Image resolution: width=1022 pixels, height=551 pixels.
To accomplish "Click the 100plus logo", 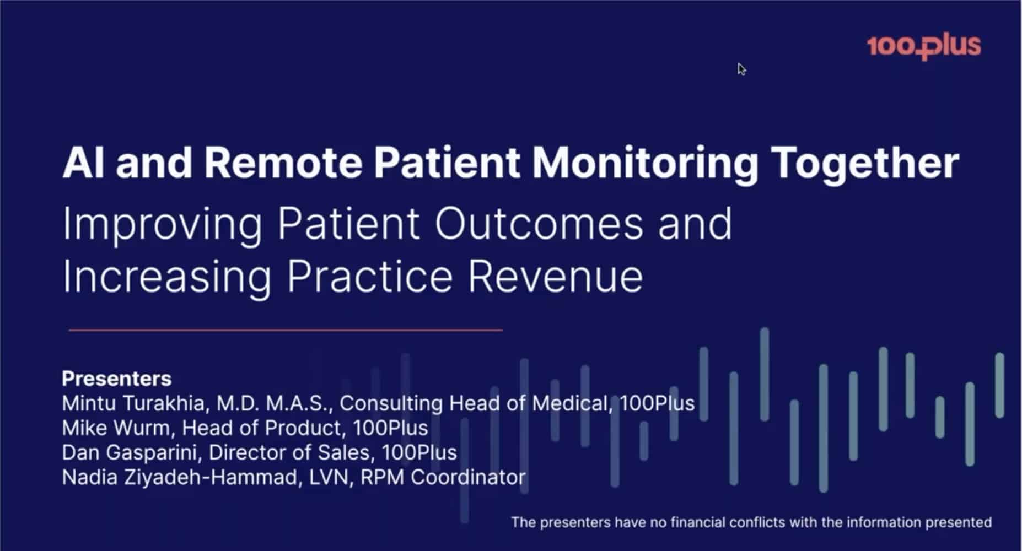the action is (x=924, y=46).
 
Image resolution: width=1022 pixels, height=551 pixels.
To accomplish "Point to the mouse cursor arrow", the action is (x=742, y=69).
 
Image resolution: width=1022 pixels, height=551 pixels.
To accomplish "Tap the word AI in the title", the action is (x=83, y=163).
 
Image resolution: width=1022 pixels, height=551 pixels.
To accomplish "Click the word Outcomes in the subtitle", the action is (x=539, y=224).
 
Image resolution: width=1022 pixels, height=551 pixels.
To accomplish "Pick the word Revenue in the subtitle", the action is (x=556, y=276).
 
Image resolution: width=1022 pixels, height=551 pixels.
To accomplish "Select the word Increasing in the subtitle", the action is (x=167, y=279).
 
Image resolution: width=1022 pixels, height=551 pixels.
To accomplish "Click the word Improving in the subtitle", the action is (x=163, y=226).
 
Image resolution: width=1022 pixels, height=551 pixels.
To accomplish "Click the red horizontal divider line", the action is (x=286, y=330).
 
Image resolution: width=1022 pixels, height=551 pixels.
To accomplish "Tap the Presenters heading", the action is (x=117, y=379).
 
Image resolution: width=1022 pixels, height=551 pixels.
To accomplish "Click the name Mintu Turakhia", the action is (x=133, y=403).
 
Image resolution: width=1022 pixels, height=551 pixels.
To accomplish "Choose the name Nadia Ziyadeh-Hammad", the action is (x=180, y=477).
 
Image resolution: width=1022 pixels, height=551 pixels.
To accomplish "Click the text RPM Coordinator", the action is (x=443, y=477).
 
